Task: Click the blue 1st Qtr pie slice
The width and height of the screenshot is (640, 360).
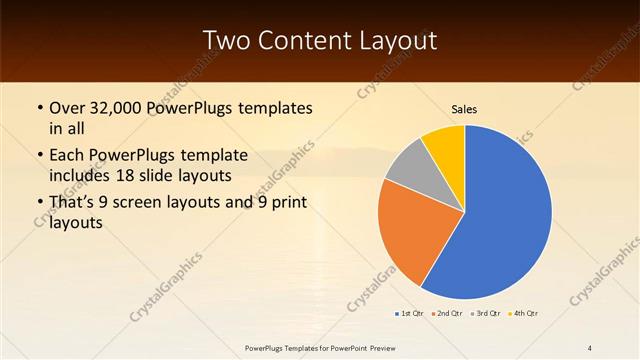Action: tap(505, 215)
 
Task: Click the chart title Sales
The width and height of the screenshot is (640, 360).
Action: tap(464, 108)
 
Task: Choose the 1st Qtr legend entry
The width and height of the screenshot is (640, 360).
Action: tap(411, 313)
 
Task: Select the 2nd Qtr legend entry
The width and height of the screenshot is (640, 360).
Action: tap(449, 313)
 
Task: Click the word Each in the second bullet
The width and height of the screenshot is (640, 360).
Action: tap(67, 155)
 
